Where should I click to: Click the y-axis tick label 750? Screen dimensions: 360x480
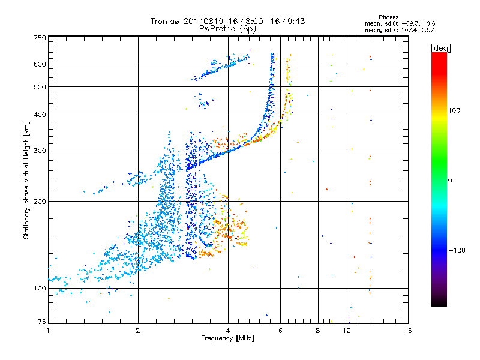click(40, 37)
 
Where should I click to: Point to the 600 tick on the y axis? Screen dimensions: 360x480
click(40, 64)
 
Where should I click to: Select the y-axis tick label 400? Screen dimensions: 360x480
click(40, 115)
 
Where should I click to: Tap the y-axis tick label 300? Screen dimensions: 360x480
click(40, 151)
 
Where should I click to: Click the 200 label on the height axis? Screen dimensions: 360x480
click(40, 201)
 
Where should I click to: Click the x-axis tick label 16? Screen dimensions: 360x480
click(407, 331)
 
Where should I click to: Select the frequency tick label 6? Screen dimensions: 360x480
click(281, 331)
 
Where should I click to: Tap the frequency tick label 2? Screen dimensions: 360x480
click(138, 331)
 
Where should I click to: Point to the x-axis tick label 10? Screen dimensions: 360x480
click(347, 331)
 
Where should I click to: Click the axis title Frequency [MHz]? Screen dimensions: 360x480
click(227, 338)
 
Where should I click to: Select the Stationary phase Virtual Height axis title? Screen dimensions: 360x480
click(26, 180)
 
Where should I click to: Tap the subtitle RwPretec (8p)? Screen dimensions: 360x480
click(228, 28)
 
